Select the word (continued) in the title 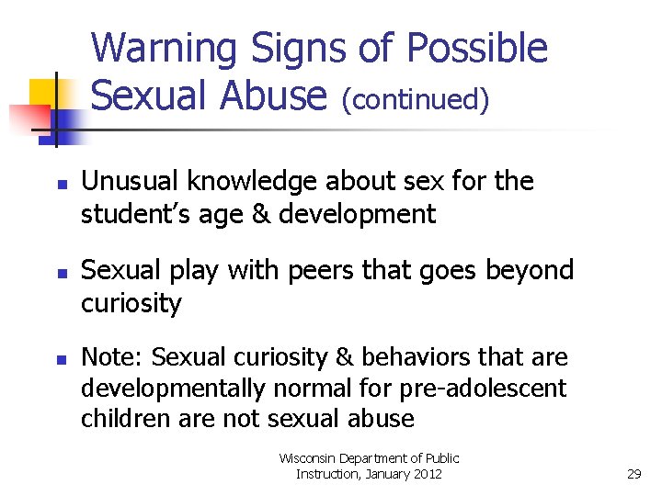415,98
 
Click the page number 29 633,474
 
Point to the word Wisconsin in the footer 309,457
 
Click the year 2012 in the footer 423,474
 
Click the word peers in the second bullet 311,270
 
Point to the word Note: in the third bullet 111,356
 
